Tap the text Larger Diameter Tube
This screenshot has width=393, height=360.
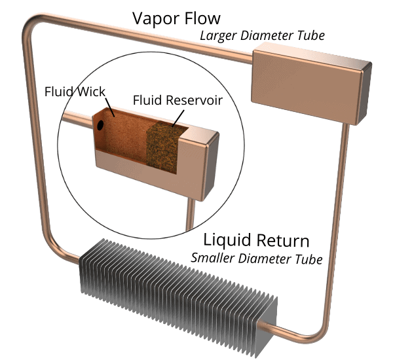pos(262,35)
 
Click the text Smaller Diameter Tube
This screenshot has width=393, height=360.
pos(257,259)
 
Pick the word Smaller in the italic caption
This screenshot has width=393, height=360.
pos(213,259)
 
